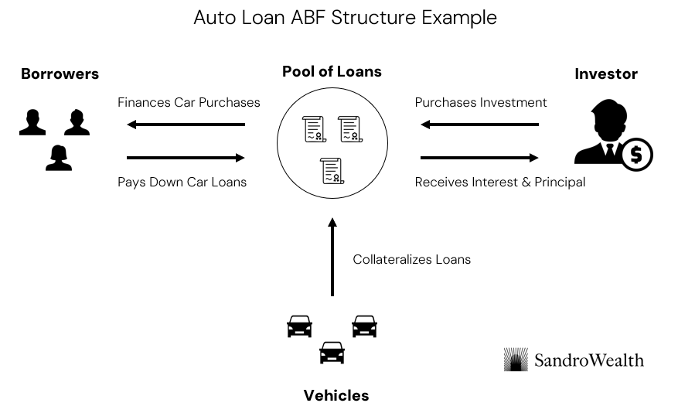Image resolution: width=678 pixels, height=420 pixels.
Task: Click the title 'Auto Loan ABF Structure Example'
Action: [x=345, y=18]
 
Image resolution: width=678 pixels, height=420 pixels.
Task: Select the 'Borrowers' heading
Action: [x=60, y=74]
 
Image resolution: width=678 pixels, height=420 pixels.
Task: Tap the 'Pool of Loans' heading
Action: [x=332, y=72]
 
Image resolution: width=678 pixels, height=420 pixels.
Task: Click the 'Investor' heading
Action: [x=606, y=74]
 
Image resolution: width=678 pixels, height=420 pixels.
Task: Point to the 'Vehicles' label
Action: [x=336, y=395]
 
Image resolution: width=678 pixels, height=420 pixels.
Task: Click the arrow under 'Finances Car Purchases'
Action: [x=186, y=125]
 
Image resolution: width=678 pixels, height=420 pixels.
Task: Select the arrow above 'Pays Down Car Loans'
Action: [x=186, y=158]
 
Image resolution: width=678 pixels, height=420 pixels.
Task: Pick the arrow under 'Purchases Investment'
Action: [x=479, y=125]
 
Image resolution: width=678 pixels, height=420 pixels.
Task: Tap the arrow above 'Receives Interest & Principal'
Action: [x=479, y=158]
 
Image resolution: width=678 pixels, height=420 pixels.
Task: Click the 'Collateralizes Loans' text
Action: [x=411, y=260]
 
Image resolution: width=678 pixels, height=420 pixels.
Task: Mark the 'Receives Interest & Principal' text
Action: [x=499, y=183]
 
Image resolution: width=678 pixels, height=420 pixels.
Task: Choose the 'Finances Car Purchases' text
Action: [x=189, y=102]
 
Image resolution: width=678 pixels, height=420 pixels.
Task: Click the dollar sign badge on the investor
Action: [x=636, y=155]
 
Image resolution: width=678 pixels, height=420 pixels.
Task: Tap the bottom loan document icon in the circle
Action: [x=332, y=170]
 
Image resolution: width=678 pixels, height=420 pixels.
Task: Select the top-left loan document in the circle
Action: [x=314, y=128]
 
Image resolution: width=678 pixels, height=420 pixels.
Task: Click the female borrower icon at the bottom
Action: [x=59, y=157]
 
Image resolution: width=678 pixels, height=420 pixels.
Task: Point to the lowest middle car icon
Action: [x=332, y=353]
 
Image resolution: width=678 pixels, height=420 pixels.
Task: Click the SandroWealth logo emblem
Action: [x=516, y=360]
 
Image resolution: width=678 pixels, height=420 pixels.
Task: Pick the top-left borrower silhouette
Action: [x=32, y=122]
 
